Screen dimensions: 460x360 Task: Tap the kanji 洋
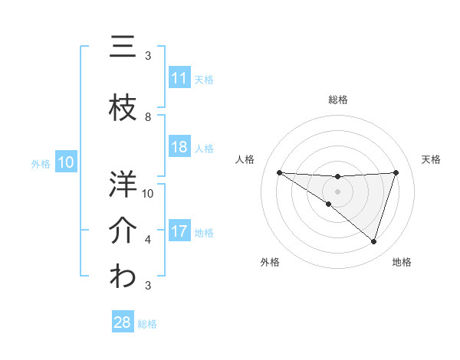123,184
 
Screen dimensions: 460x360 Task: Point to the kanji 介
123,230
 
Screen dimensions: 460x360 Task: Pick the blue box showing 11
179,78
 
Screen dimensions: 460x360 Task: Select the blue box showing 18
179,148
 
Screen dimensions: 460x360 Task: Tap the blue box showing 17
179,232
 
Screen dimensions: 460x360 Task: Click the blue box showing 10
65,162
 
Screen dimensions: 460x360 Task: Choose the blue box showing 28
123,322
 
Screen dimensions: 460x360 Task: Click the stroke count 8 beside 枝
148,117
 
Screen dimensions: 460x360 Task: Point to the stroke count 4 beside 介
148,240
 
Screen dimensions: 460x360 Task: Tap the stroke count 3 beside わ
148,286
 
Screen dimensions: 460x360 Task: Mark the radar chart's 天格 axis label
432,159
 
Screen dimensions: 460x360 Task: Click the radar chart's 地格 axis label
402,262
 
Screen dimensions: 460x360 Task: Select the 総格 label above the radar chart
337,100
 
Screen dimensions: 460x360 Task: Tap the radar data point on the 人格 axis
279,172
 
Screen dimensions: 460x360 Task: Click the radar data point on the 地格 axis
373,241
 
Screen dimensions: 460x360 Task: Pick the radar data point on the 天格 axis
396,172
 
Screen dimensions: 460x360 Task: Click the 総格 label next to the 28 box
147,323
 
